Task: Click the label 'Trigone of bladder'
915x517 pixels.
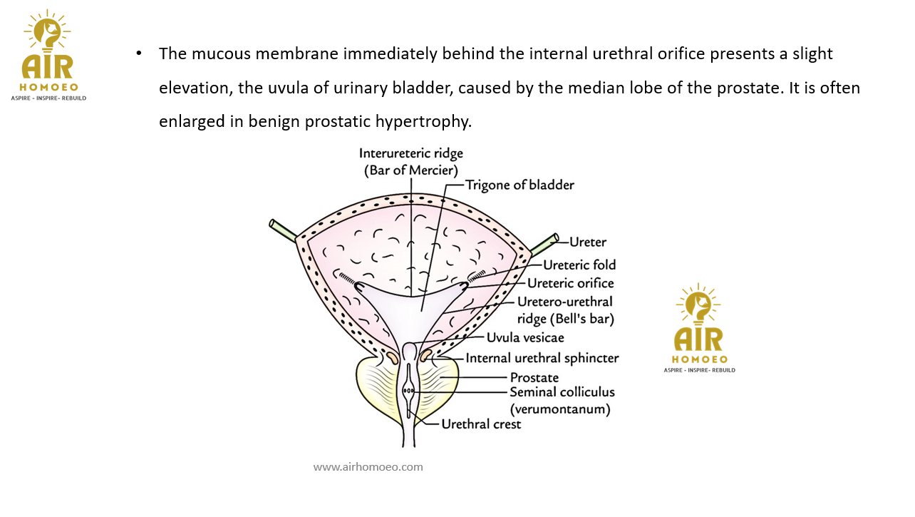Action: (x=519, y=185)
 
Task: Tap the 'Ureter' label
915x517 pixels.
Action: (x=588, y=242)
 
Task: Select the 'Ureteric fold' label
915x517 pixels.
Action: (x=579, y=265)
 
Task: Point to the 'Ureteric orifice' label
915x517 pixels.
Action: (x=570, y=283)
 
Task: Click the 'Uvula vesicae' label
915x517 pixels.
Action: (x=525, y=337)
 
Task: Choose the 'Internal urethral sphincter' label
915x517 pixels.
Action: (x=542, y=358)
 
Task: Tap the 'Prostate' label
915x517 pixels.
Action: (x=534, y=377)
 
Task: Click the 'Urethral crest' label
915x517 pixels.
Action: (x=481, y=424)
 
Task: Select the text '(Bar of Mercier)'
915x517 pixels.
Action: (x=411, y=170)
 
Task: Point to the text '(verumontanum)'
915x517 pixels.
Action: (x=560, y=409)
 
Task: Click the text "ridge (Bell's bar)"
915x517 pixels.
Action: (x=566, y=319)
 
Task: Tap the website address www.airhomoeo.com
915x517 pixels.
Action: (x=368, y=467)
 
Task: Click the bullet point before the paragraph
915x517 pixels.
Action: (x=139, y=53)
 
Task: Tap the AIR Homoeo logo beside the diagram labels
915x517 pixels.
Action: (x=699, y=328)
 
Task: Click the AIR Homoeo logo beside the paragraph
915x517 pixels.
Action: (x=48, y=55)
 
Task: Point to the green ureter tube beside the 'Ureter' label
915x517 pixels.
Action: (x=544, y=244)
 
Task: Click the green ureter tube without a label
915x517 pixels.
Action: (x=283, y=230)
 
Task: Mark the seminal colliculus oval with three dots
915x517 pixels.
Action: (x=408, y=390)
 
